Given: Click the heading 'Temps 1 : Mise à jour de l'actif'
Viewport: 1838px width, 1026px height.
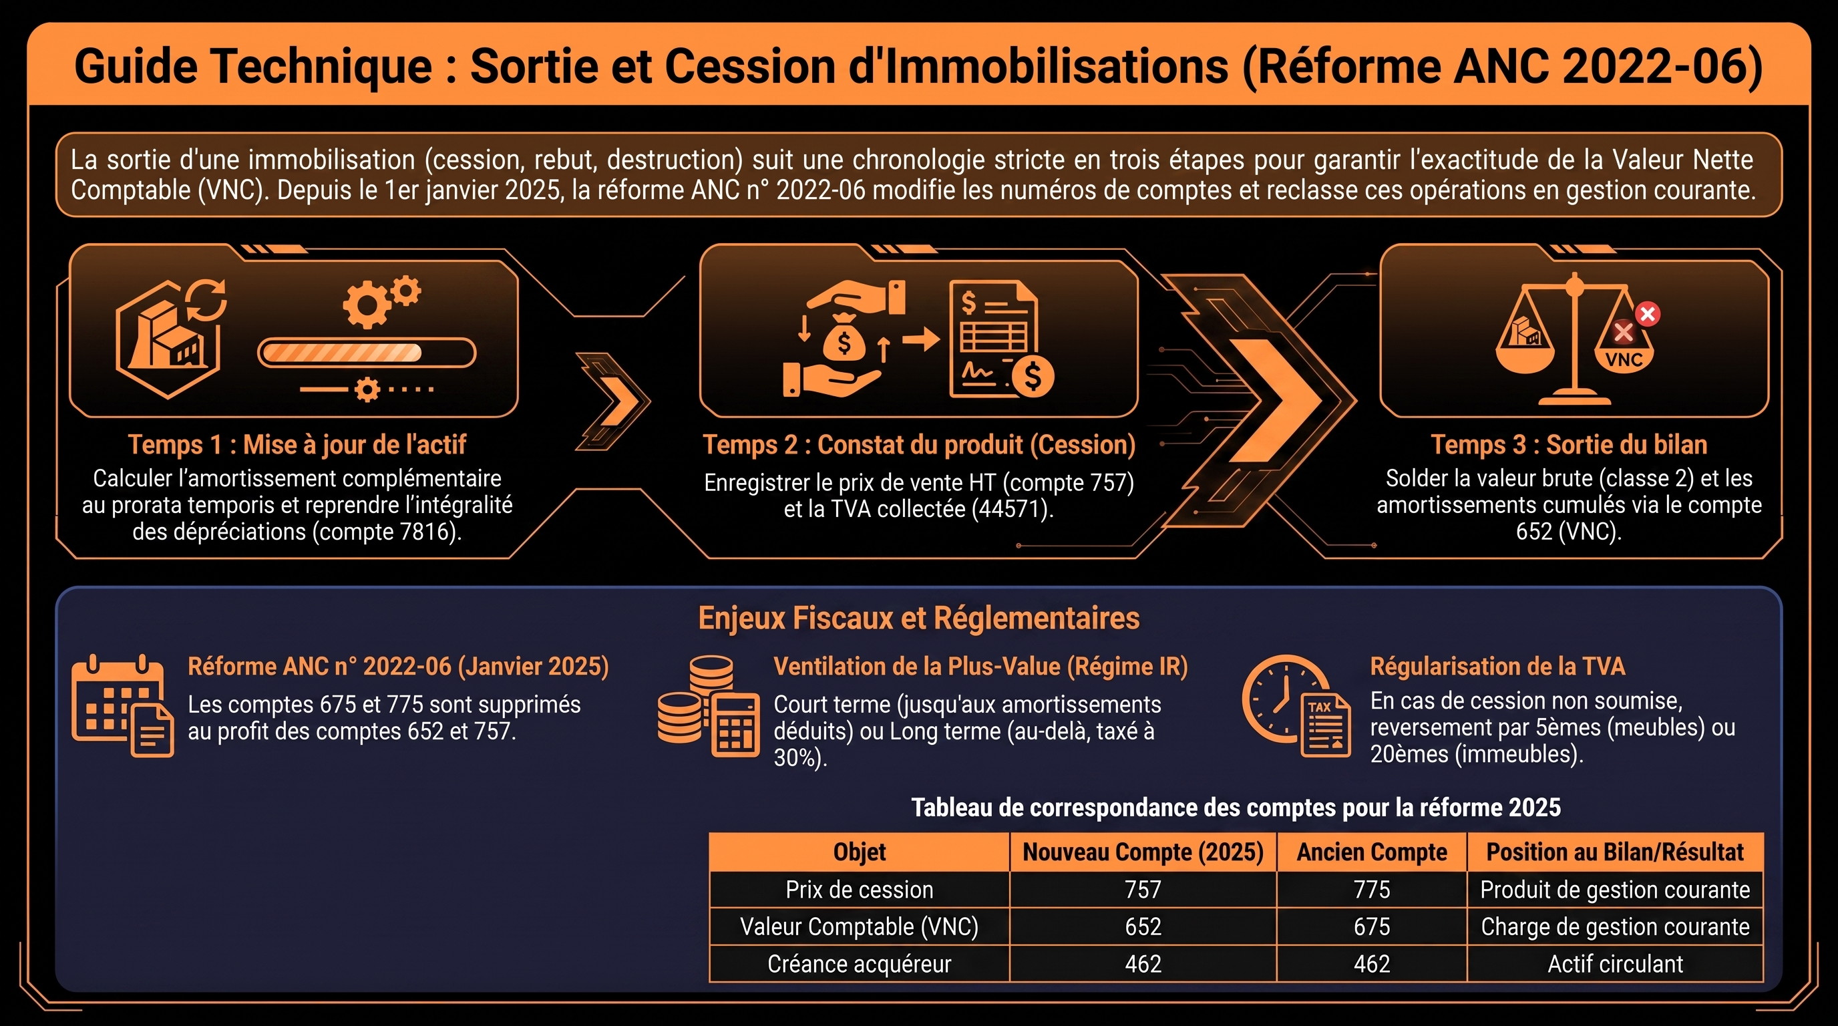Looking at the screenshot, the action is coord(297,444).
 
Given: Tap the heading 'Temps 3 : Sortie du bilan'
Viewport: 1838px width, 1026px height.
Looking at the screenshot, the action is coord(1569,444).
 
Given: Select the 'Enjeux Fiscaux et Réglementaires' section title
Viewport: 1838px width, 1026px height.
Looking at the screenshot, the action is coord(919,618).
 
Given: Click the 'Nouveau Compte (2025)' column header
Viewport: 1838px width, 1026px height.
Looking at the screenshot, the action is coord(1143,852).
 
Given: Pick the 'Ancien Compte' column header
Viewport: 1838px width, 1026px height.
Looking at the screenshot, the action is coord(1371,852).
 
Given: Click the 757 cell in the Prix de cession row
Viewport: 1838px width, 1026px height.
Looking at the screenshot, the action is coord(1143,890).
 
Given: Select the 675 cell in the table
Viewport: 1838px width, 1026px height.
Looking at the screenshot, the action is coord(1371,927).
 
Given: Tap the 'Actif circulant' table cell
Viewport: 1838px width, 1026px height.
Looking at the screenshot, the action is coord(1616,964).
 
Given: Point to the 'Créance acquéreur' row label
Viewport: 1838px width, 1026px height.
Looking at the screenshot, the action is coord(859,964).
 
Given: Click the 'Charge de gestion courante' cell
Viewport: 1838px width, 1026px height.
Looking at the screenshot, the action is coord(1616,927).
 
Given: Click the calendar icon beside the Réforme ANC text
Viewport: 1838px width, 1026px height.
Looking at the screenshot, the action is coord(123,705).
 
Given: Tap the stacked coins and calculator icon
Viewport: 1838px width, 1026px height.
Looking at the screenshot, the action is coord(709,705).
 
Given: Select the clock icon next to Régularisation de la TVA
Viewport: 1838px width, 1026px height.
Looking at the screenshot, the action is coord(1296,705).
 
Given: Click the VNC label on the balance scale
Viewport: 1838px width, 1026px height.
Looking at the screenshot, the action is coord(1624,359).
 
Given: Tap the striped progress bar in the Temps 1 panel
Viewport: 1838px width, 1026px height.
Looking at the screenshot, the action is coord(366,353).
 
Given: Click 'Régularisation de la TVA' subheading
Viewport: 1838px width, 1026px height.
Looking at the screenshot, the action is coord(1497,667).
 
